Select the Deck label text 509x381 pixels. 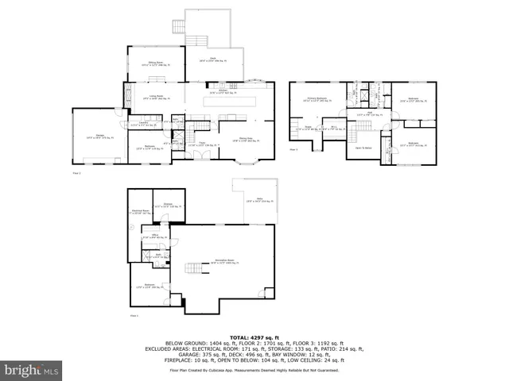(x=213, y=58)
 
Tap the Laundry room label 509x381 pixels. (x=144, y=124)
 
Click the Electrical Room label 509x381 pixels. (x=142, y=211)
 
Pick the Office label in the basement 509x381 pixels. (x=159, y=235)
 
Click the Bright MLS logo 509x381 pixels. (x=30, y=370)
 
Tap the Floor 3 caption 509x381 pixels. (x=293, y=148)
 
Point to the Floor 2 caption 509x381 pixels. (x=77, y=171)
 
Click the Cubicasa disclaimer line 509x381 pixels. (x=254, y=370)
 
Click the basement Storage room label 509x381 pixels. (x=168, y=205)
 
